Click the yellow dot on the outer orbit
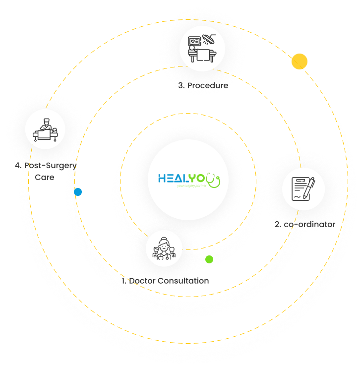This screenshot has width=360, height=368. coord(300,61)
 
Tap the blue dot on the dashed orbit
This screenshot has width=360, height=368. coord(78,192)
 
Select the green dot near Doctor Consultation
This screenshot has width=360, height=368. coord(209,259)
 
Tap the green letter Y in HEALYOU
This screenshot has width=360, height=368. coord(197,178)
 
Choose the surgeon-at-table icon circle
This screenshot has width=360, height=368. coord(45,129)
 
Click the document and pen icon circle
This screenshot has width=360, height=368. coord(303,189)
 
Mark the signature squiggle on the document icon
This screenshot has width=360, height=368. coord(298,197)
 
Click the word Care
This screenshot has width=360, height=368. coord(44,177)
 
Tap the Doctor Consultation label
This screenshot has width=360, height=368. coord(169,281)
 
